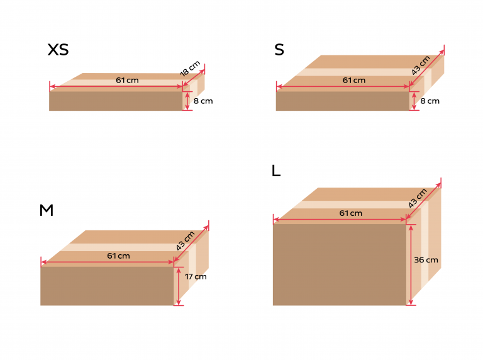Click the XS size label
[58, 50]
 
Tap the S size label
[279, 50]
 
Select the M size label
[46, 210]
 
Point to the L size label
[276, 171]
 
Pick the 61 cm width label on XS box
[127, 80]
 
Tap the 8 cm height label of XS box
[203, 101]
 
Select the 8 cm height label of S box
[430, 101]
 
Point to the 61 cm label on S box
[353, 80]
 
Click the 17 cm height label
[196, 276]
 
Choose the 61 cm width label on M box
[118, 256]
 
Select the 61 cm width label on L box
[350, 213]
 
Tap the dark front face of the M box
[107, 286]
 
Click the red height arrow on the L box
[411, 264]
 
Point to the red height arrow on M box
[179, 286]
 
